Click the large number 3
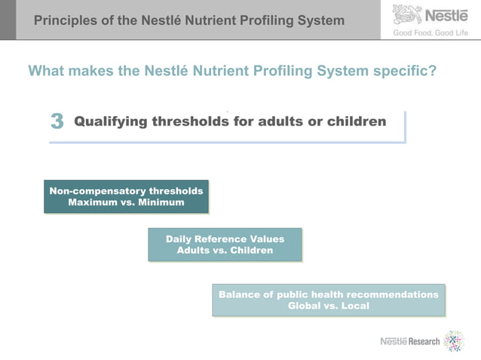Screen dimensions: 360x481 (57, 122)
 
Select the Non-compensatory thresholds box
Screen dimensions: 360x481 (126, 197)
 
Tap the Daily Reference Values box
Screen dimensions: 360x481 (225, 245)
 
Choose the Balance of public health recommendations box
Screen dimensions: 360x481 (328, 300)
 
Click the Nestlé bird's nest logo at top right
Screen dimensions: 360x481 (407, 14)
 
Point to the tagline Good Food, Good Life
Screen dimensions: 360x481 (430, 32)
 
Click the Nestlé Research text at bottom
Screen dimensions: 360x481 (409, 341)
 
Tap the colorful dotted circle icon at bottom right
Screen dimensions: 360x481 (453, 341)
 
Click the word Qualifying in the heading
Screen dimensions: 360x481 (111, 121)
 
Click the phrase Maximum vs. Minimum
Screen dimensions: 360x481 (126, 203)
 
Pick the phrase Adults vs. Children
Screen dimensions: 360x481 (225, 251)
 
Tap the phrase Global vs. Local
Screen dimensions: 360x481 (328, 306)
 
